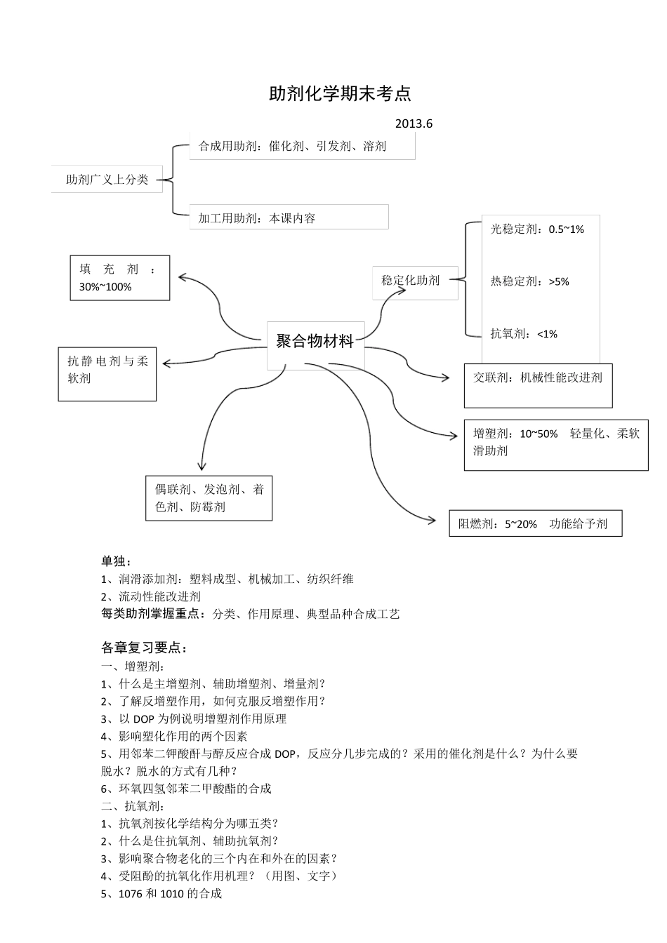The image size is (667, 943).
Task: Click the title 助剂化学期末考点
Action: pyautogui.click(x=340, y=93)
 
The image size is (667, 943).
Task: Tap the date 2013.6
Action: pyautogui.click(x=414, y=124)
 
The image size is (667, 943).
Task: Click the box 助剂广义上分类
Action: pyautogui.click(x=107, y=180)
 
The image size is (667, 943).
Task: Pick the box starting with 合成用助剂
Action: pyautogui.click(x=302, y=146)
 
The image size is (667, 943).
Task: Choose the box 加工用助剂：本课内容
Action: pyautogui.click(x=289, y=218)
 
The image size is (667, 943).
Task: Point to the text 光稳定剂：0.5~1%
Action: pyautogui.click(x=537, y=229)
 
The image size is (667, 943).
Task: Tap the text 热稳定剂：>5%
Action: pyautogui.click(x=529, y=282)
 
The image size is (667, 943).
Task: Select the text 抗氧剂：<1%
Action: pyautogui.click(x=524, y=334)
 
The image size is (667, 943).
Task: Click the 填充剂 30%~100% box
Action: pyautogui.click(x=120, y=278)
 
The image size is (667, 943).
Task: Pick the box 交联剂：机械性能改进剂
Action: pyautogui.click(x=538, y=384)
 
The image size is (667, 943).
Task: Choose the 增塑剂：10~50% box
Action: pyautogui.click(x=556, y=444)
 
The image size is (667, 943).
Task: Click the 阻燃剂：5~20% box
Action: pyautogui.click(x=535, y=523)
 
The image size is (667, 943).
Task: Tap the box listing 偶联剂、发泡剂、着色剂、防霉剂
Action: pyautogui.click(x=209, y=498)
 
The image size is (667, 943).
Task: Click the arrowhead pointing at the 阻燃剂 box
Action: pyautogui.click(x=432, y=519)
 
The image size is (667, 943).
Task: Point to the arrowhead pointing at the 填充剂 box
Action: pyautogui.click(x=182, y=276)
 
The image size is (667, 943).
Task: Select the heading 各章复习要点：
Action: pyautogui.click(x=145, y=647)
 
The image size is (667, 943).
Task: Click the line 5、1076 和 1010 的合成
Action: pyautogui.click(x=161, y=894)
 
